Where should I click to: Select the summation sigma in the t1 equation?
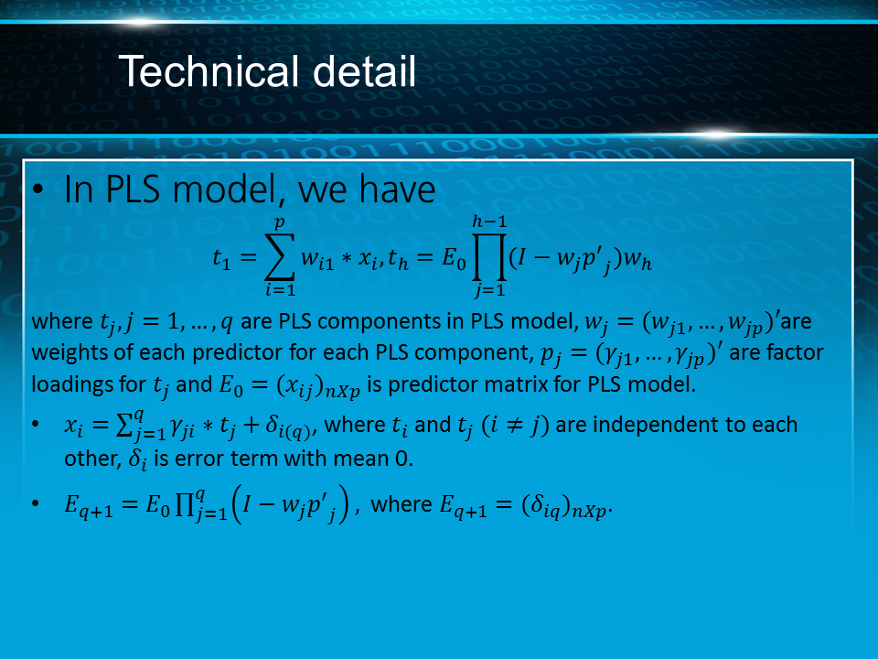(280, 255)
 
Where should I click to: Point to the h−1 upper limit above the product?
(489, 221)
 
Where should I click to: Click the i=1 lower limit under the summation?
(280, 290)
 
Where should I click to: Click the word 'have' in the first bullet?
(398, 189)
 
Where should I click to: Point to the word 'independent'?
(657, 425)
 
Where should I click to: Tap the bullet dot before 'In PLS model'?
(37, 189)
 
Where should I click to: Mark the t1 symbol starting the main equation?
(221, 259)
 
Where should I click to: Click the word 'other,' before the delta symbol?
(92, 459)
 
